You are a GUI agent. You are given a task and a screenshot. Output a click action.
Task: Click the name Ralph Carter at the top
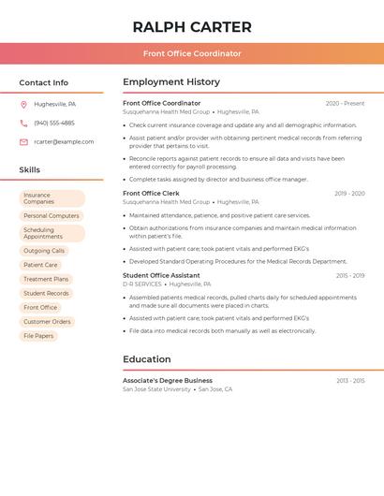coord(192,27)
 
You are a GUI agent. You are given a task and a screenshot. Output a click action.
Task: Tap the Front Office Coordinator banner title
coord(192,53)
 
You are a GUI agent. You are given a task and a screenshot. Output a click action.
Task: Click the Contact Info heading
coord(43,82)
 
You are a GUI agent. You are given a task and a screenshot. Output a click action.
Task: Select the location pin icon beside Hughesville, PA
coord(23,104)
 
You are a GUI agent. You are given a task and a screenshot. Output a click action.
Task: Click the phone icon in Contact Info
coord(23,123)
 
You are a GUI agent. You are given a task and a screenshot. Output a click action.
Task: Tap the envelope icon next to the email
coord(23,141)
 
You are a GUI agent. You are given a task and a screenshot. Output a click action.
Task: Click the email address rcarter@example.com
coord(64,141)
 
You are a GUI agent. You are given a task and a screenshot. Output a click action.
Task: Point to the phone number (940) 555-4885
coord(54,123)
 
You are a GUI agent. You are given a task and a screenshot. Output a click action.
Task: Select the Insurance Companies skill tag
coord(52,198)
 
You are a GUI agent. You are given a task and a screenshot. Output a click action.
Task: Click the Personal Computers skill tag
coord(52,215)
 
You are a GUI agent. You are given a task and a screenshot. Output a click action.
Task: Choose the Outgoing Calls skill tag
coord(44,251)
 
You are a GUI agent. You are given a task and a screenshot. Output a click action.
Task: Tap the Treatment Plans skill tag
coord(46,279)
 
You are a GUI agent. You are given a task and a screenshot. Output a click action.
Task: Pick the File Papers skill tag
coord(38,335)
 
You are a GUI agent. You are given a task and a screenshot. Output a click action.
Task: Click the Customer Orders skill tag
coord(47,321)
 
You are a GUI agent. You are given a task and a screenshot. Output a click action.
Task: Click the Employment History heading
coord(171,82)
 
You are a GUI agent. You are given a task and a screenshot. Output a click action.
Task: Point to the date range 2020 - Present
coord(345,103)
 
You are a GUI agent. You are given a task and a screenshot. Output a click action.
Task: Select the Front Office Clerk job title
coord(151,193)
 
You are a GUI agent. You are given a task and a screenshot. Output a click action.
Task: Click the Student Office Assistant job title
coord(161,275)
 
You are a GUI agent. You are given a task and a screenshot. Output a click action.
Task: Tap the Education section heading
coord(147,359)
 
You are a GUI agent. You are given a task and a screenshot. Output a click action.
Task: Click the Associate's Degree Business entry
coord(168,381)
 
